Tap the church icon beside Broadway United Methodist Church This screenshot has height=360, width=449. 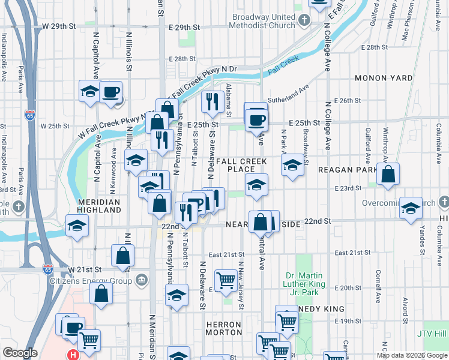[305, 20]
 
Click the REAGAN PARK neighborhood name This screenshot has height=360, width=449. [348, 170]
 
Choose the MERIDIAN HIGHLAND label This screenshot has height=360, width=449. [99, 206]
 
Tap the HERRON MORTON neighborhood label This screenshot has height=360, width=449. [223, 328]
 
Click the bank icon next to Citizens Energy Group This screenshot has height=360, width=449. [142, 279]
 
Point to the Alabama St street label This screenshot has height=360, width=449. [229, 97]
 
